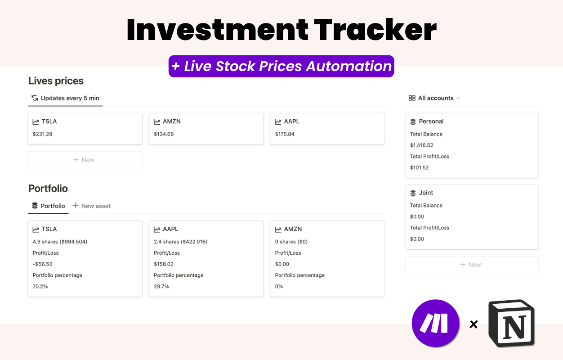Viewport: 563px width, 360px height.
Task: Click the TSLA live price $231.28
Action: point(42,134)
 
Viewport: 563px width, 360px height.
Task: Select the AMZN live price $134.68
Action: point(164,134)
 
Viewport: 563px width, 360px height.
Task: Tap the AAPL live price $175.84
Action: point(285,134)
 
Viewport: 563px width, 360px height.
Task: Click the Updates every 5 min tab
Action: point(66,98)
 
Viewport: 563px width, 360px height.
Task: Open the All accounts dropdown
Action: point(434,98)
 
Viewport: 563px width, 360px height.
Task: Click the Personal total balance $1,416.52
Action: point(421,145)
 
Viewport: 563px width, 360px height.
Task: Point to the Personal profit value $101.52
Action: point(419,168)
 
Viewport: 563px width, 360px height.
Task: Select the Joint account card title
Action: point(426,193)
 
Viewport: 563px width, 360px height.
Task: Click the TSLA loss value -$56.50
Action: point(43,264)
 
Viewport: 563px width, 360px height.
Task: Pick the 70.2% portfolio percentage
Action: point(40,287)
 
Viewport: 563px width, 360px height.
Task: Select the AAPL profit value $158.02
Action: point(164,264)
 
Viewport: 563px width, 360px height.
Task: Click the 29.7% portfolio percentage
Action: point(161,287)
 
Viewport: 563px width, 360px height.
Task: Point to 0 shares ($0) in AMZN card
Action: point(291,242)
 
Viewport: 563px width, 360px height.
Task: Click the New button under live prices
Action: point(85,160)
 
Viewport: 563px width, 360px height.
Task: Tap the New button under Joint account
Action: point(471,265)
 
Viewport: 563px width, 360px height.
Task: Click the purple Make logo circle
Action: point(435,323)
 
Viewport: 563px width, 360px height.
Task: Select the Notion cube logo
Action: point(512,323)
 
